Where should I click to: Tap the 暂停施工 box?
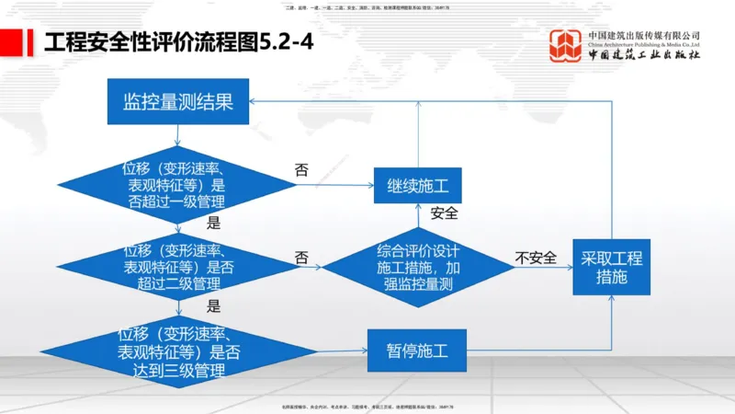tap(417, 350)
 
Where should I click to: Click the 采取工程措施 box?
tap(611, 266)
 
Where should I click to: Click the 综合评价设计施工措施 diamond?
tap(418, 267)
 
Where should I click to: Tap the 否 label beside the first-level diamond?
tap(301, 170)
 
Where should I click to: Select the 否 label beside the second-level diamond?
tap(301, 258)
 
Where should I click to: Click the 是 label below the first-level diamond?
tap(214, 223)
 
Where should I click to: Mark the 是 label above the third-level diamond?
tap(214, 306)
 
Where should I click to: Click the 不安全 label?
tap(536, 258)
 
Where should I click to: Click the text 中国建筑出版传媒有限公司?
tap(643, 34)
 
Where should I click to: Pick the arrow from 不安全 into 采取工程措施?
tap(547, 268)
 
